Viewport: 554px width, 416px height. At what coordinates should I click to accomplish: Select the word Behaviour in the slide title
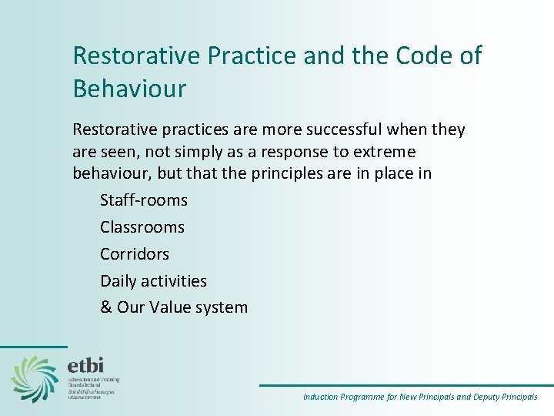[x=129, y=89]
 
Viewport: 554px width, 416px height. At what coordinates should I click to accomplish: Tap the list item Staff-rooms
[x=144, y=200]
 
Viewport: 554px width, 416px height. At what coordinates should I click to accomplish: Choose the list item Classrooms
[x=142, y=227]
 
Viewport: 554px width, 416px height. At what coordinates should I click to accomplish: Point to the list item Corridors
[x=135, y=253]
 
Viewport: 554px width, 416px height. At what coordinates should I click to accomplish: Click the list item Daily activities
[x=153, y=280]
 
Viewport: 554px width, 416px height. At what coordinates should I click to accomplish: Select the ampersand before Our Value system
[x=106, y=307]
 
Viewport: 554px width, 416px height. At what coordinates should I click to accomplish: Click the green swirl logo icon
[x=35, y=378]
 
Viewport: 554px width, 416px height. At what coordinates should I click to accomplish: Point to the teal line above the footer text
[x=405, y=385]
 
